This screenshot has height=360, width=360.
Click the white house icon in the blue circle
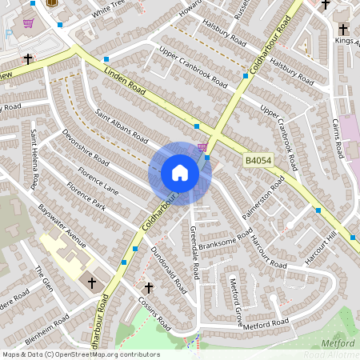click(180, 173)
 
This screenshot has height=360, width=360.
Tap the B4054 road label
click(259, 162)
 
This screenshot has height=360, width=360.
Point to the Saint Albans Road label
click(122, 125)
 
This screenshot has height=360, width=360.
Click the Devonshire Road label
click(86, 149)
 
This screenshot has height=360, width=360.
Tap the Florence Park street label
click(86, 201)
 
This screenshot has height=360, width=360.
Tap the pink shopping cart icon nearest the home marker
click(202, 147)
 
